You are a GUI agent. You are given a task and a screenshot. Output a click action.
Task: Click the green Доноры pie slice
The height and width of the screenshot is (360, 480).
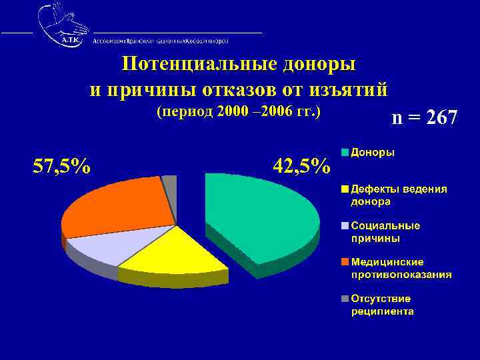260,213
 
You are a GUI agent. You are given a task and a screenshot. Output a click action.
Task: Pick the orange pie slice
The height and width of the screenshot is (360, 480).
117,207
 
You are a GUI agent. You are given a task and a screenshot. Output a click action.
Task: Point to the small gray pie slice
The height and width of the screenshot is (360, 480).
170,183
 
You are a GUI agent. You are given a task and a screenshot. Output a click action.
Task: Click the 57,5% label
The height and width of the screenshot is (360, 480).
63,166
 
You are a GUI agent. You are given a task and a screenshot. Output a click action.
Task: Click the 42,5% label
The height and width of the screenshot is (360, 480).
301,166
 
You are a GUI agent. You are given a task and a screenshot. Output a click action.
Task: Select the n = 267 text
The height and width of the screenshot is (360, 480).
425,119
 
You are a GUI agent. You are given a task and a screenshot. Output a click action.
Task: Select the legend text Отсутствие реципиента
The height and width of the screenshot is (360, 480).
383,305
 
